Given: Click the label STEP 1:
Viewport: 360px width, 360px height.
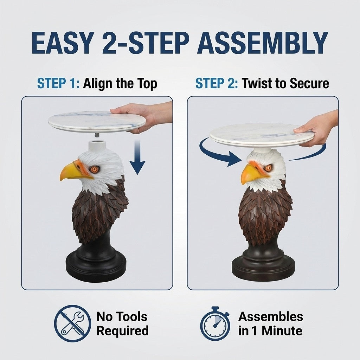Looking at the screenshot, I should (58, 84).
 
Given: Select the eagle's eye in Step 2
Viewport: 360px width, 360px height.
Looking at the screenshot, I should (268, 168).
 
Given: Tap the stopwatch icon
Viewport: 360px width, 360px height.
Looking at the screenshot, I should (215, 324).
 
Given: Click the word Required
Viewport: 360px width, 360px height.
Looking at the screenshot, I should (122, 331).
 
